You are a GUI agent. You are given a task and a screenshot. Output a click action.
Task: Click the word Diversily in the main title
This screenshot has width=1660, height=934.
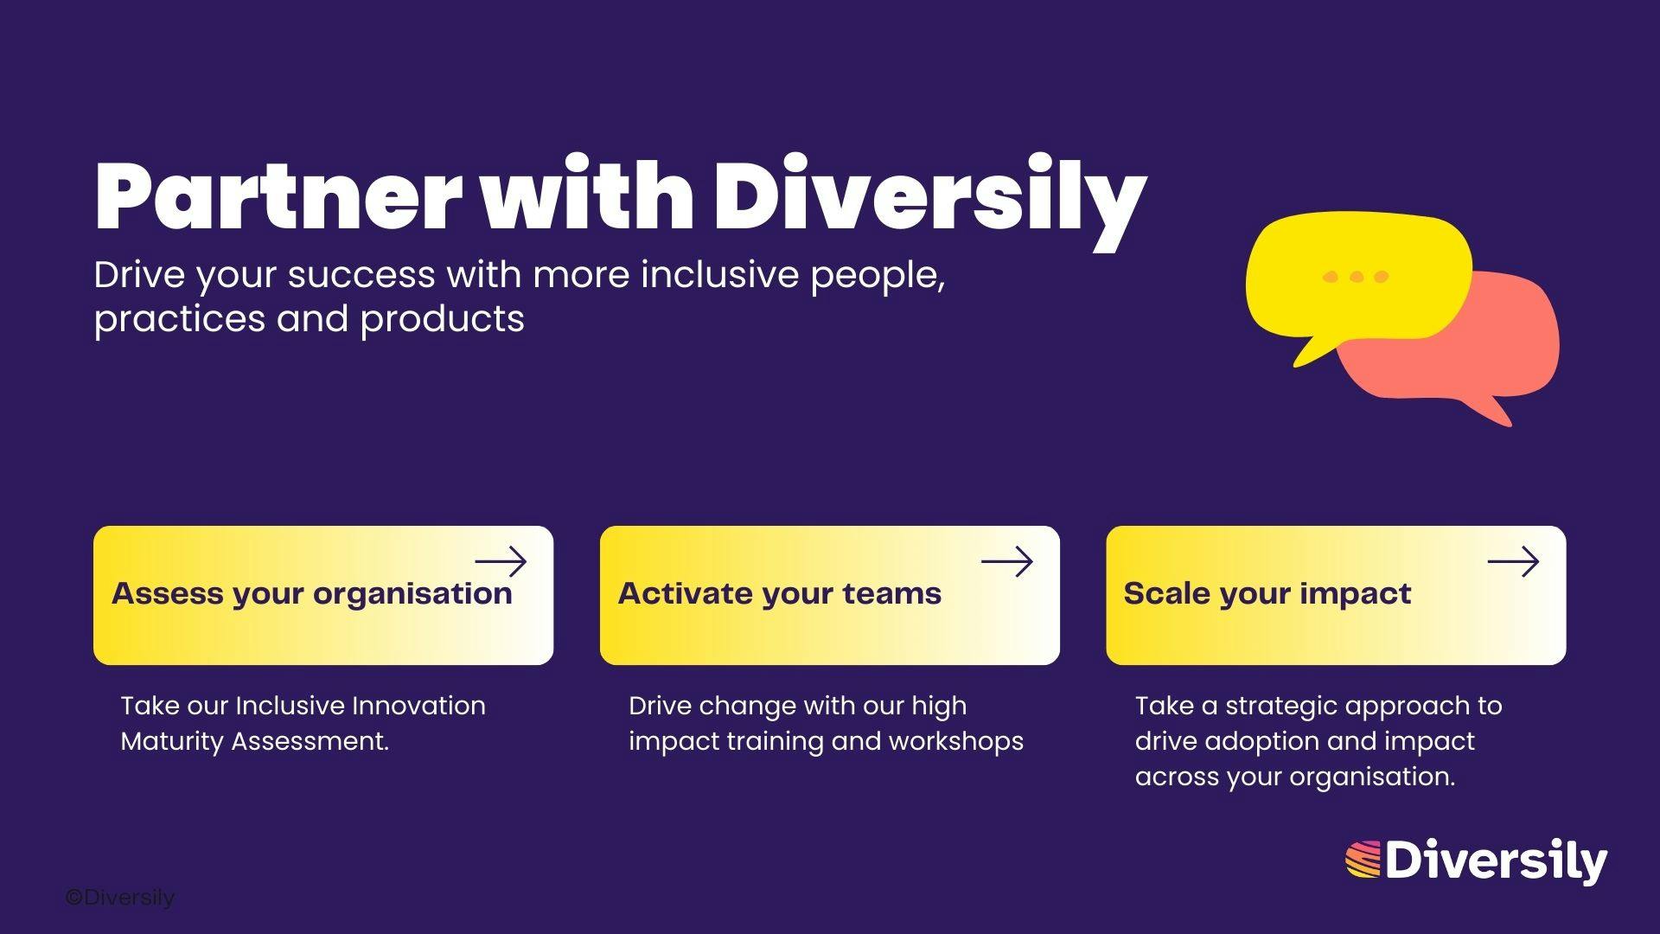[930, 202]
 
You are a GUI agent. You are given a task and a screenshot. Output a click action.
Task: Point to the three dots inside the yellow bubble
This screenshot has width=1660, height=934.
[1357, 277]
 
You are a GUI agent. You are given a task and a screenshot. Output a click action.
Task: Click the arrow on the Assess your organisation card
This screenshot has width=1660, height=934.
[501, 562]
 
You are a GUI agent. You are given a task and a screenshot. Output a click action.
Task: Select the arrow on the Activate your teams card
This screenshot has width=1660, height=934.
[1007, 562]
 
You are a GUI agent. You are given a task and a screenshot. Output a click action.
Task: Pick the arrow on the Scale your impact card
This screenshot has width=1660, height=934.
[1513, 562]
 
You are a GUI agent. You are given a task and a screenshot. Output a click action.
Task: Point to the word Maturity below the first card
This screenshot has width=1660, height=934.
[172, 742]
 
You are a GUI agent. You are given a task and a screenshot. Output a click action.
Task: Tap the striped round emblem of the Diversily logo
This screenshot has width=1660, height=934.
[1363, 860]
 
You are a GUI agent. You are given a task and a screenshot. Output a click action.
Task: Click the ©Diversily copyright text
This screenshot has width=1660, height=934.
[120, 899]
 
